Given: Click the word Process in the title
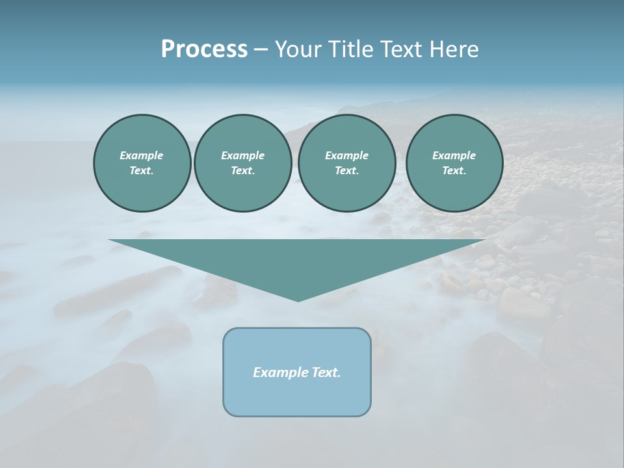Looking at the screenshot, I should pyautogui.click(x=204, y=49).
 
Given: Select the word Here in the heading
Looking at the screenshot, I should pyautogui.click(x=453, y=49).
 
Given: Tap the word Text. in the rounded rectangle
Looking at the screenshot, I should pyautogui.click(x=326, y=372).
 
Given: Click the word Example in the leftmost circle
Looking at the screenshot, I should pyautogui.click(x=142, y=155).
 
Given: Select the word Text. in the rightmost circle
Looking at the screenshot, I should pyautogui.click(x=454, y=171).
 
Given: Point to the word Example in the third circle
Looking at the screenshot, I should pyautogui.click(x=346, y=155).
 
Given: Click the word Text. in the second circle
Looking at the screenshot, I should pyautogui.click(x=242, y=171).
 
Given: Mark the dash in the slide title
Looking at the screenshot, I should pyautogui.click(x=261, y=49).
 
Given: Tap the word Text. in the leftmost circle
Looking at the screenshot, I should pyautogui.click(x=142, y=171).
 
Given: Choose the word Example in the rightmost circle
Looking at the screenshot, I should pyautogui.click(x=454, y=155).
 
